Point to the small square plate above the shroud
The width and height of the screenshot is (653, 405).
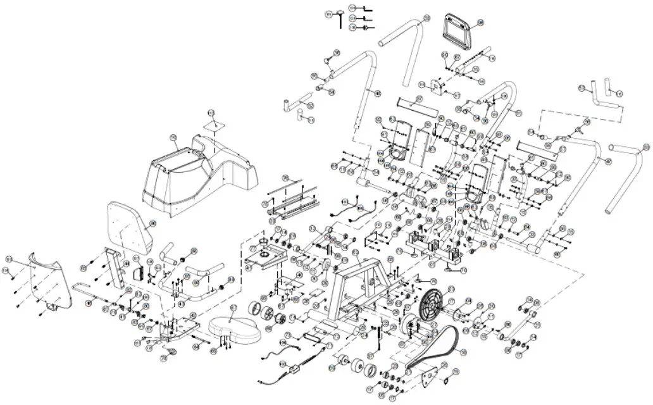pyautogui.click(x=214, y=125)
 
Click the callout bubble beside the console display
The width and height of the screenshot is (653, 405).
pyautogui.click(x=480, y=23)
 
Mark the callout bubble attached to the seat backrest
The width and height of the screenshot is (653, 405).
pyautogui.click(x=152, y=223)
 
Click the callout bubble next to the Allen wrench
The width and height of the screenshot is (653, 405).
pyautogui.click(x=329, y=14)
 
